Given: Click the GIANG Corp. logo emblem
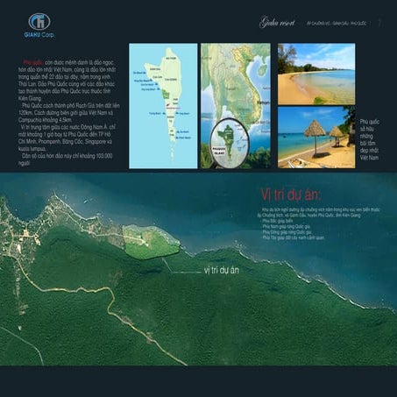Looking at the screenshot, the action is pos(38,21).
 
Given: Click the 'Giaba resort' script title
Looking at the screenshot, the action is pos(278,22).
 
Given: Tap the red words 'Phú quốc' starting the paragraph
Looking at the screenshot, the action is pos(32,64).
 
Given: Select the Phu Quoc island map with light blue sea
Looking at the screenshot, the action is pos(163,105).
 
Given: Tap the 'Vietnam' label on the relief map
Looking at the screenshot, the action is pos(261,103).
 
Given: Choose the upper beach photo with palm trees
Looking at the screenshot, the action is pos(316,73).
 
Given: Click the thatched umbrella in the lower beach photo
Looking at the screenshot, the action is pos(313,130).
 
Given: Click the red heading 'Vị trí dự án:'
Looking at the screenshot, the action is pos(290,194).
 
